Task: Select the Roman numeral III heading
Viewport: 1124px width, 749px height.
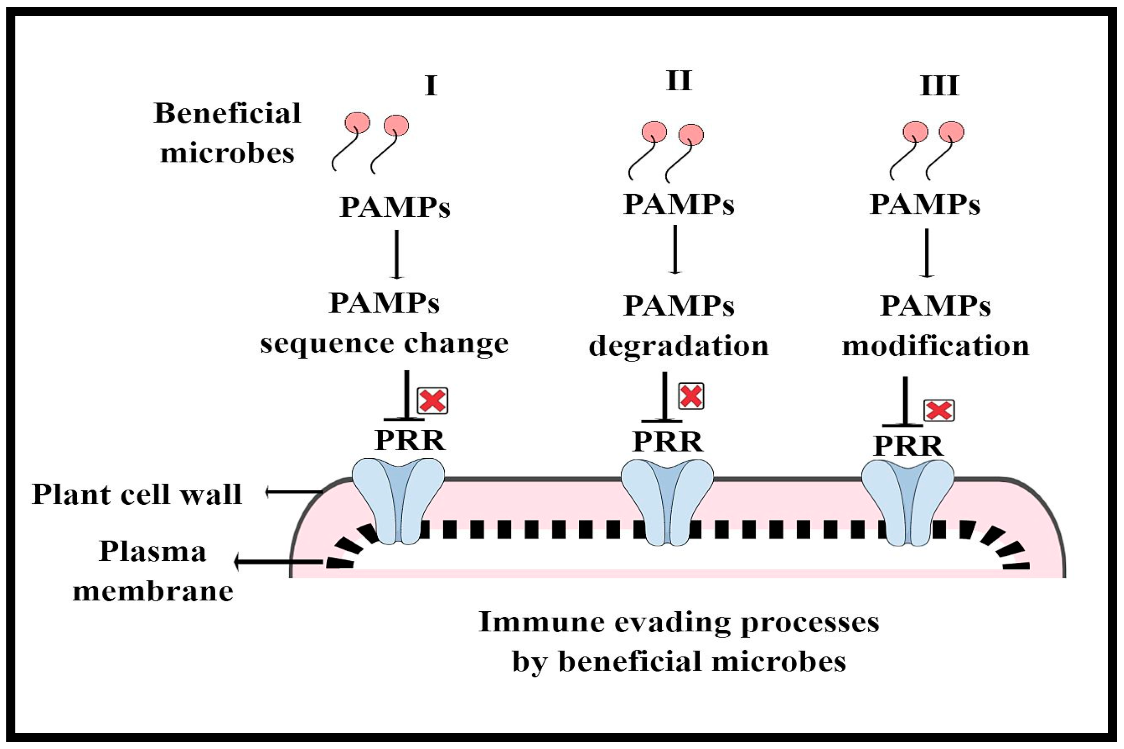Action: (x=939, y=86)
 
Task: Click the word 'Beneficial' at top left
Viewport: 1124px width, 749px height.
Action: (x=228, y=114)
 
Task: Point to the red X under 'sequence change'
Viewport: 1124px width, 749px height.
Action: (x=432, y=400)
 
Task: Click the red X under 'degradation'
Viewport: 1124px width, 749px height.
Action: (x=691, y=395)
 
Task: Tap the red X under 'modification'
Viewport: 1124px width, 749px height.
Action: (x=939, y=410)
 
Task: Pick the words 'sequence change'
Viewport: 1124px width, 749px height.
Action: (x=385, y=343)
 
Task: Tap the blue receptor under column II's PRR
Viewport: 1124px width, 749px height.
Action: (x=667, y=502)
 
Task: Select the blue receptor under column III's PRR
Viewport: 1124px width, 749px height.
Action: (x=908, y=502)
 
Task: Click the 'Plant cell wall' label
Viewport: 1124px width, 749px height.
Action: (x=137, y=494)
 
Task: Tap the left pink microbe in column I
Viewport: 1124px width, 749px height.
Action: (x=357, y=123)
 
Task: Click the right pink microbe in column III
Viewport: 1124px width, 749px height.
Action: (x=951, y=131)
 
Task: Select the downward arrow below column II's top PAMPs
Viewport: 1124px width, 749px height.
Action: (x=675, y=249)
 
